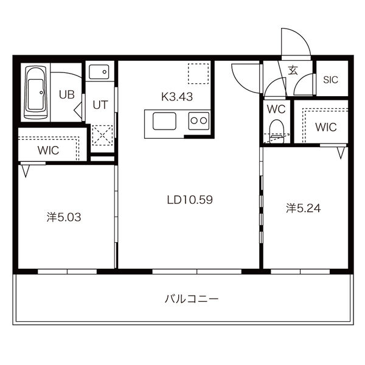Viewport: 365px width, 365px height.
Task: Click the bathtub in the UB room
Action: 36,92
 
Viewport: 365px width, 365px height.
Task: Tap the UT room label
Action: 100,105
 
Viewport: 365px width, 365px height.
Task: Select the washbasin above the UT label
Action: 99,72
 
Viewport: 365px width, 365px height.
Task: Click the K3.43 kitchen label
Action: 177,97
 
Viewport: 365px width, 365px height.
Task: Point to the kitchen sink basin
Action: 164,121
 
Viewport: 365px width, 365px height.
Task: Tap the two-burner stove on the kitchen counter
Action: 199,121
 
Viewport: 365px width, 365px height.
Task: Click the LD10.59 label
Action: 190,200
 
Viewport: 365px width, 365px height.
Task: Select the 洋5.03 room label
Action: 64,217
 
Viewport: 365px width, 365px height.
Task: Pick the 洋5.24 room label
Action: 304,208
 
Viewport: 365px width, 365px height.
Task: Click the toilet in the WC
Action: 276,131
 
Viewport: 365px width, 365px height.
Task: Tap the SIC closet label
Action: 330,80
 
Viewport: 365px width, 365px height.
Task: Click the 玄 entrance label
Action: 293,70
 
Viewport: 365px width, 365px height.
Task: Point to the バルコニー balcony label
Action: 192,299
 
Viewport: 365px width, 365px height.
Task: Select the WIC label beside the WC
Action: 326,127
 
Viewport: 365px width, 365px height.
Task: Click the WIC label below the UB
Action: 48,150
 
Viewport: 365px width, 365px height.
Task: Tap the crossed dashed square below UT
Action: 102,135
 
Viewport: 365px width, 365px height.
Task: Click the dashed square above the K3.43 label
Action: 198,74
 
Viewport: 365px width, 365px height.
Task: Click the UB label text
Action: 67,95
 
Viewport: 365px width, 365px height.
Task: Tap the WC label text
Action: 276,109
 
